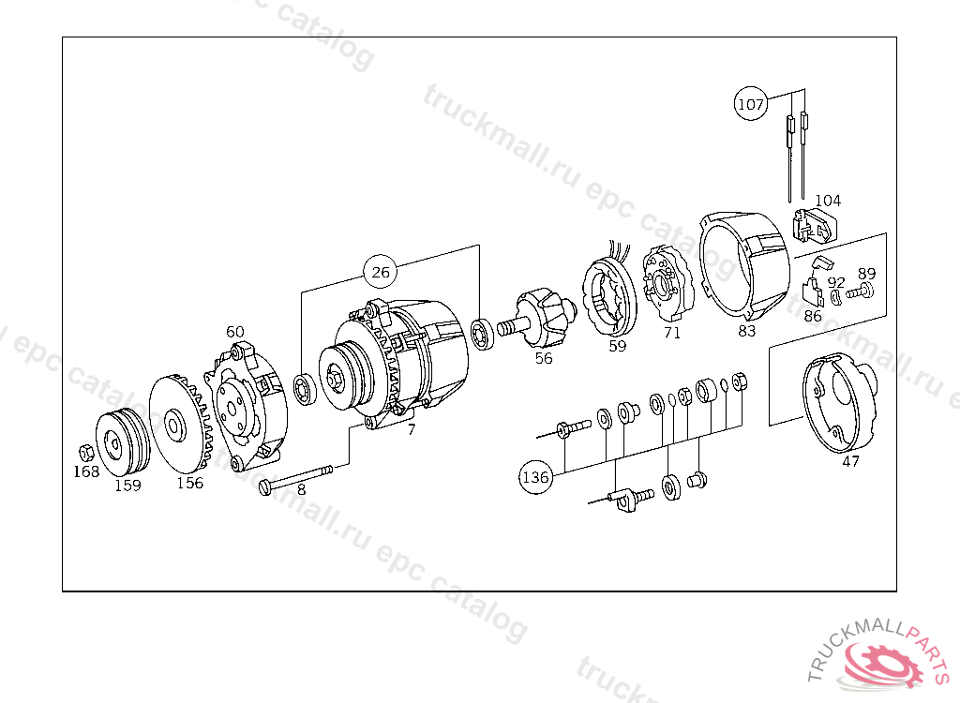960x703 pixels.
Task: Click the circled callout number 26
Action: (381, 272)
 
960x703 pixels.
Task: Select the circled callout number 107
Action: (751, 104)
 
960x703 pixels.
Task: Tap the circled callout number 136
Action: (535, 476)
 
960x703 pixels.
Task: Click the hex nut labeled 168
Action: (86, 453)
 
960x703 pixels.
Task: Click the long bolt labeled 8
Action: (295, 479)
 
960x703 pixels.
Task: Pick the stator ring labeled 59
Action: (608, 298)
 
